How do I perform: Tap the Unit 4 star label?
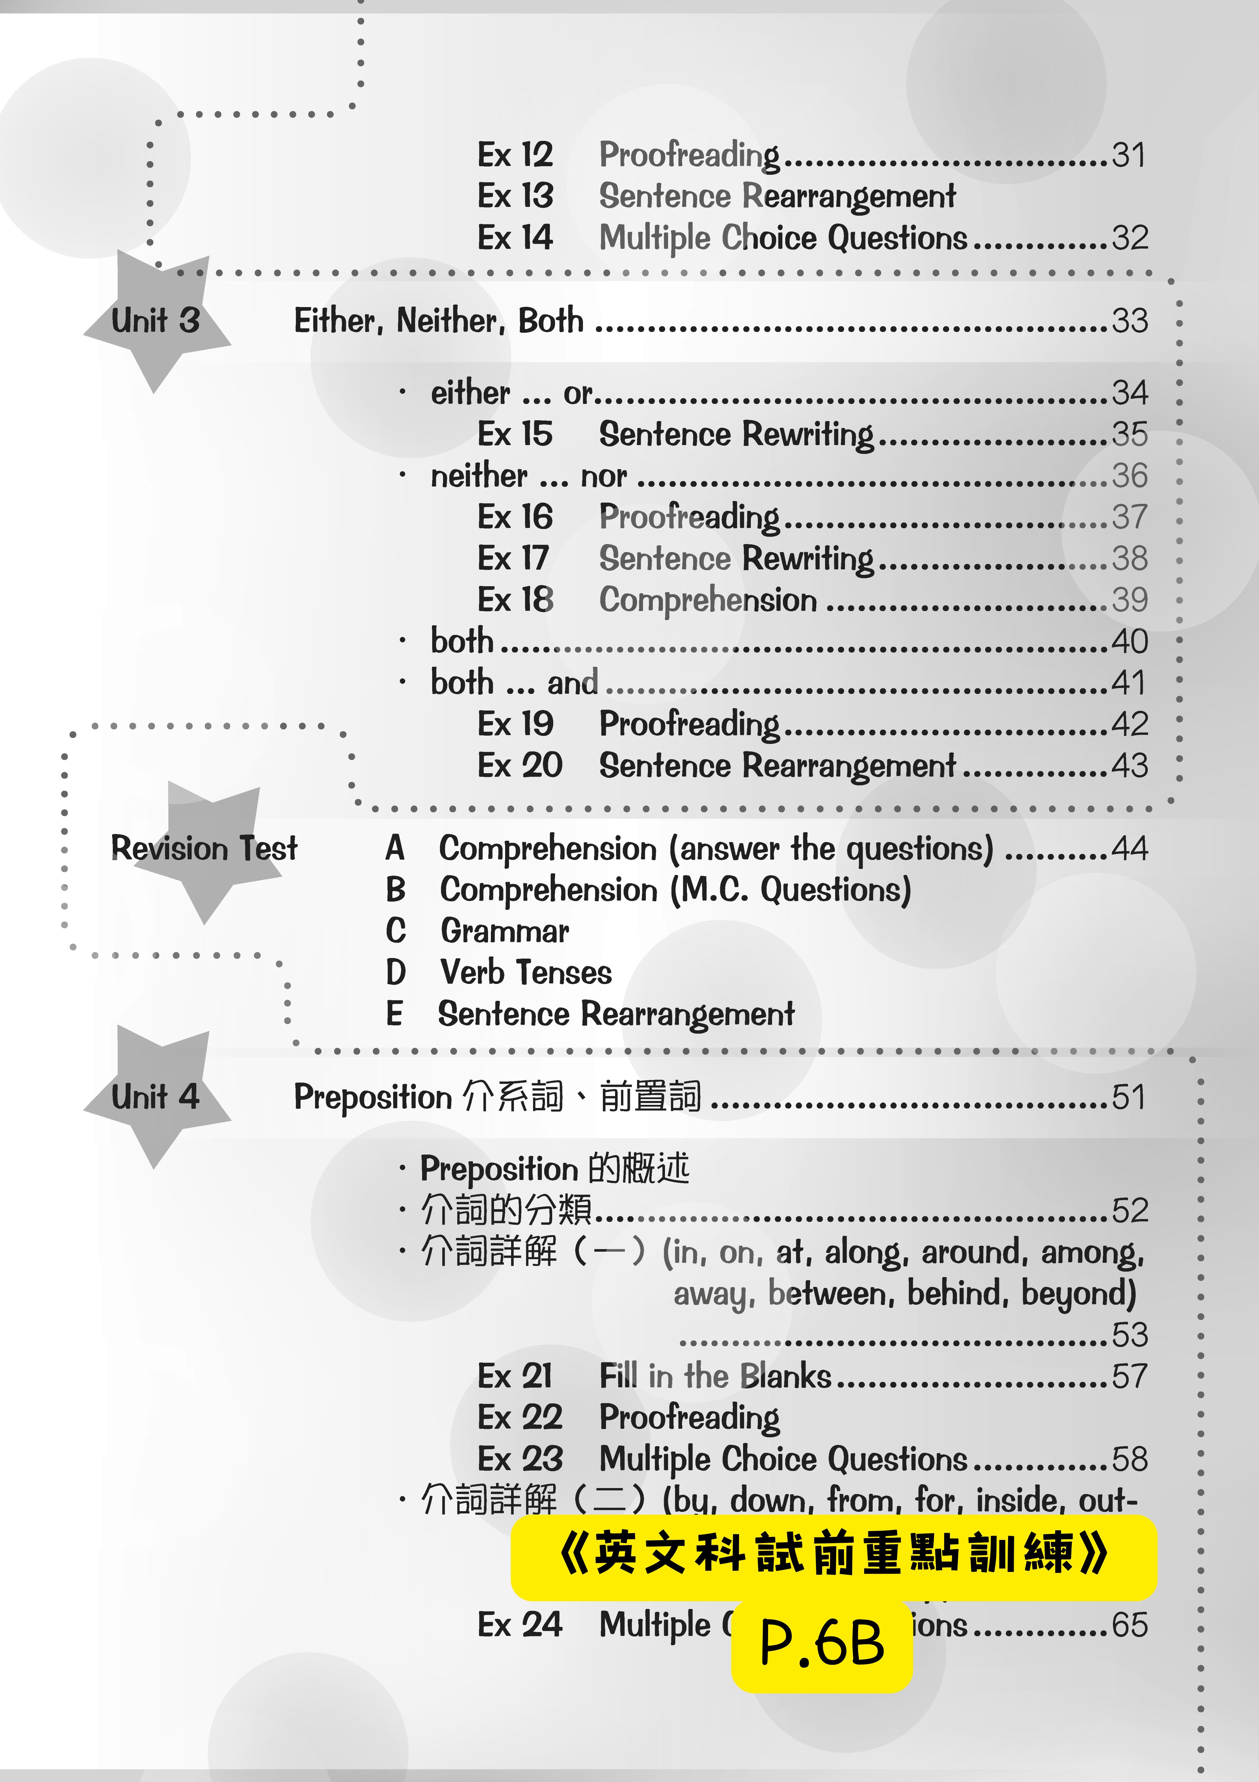pyautogui.click(x=155, y=1097)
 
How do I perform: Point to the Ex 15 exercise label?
pyautogui.click(x=515, y=434)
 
